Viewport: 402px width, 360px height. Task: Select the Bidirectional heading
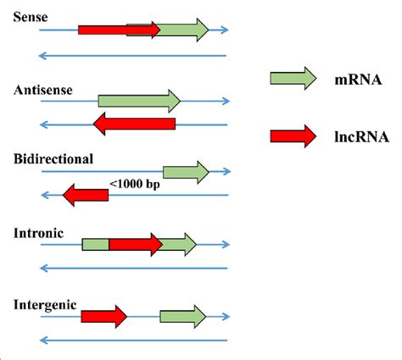coord(53,158)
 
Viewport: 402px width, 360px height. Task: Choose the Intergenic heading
coord(46,303)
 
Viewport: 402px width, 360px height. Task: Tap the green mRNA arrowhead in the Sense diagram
coord(198,30)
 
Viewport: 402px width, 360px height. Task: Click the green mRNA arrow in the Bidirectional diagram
coord(186,172)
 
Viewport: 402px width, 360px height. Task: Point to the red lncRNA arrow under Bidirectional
coord(86,196)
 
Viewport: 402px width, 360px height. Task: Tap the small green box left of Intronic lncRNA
coord(95,245)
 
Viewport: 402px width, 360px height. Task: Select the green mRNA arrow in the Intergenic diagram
coord(183,317)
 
